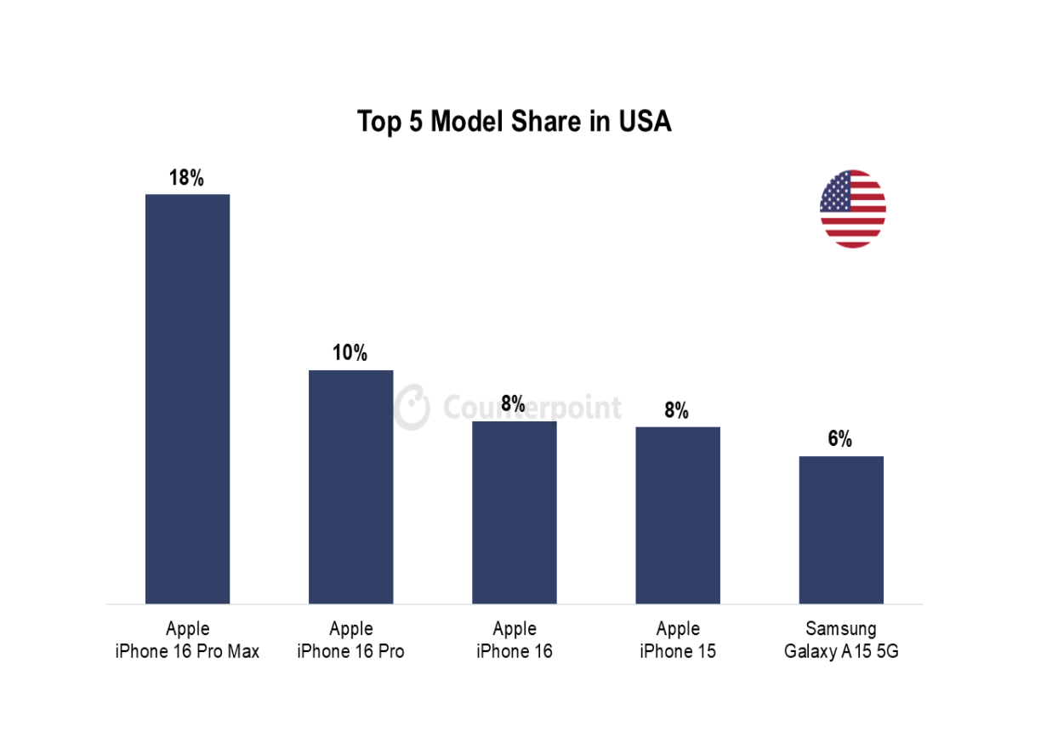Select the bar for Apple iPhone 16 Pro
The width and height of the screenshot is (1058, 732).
tap(350, 486)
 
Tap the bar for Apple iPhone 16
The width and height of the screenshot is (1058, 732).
tap(514, 512)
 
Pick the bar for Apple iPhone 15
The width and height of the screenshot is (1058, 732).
tap(677, 514)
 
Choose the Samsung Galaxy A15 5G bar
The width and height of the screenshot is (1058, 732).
tap(840, 529)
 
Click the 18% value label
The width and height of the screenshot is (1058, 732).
tap(186, 178)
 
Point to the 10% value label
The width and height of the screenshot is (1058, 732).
tap(350, 353)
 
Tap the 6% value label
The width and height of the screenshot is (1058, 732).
tap(839, 439)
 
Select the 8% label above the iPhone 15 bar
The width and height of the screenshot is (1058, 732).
tap(676, 410)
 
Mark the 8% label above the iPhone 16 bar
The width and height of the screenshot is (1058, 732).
tap(513, 403)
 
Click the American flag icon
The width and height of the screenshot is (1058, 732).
tap(852, 209)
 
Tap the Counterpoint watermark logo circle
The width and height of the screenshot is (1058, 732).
tap(412, 407)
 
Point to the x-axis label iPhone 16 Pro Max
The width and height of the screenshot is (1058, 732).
tap(187, 652)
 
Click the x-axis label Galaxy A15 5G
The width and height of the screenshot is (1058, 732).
tap(840, 652)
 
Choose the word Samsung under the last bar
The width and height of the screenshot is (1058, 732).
tap(840, 629)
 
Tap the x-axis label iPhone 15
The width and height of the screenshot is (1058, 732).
tap(677, 652)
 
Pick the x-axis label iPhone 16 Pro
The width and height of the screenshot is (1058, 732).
tap(350, 652)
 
